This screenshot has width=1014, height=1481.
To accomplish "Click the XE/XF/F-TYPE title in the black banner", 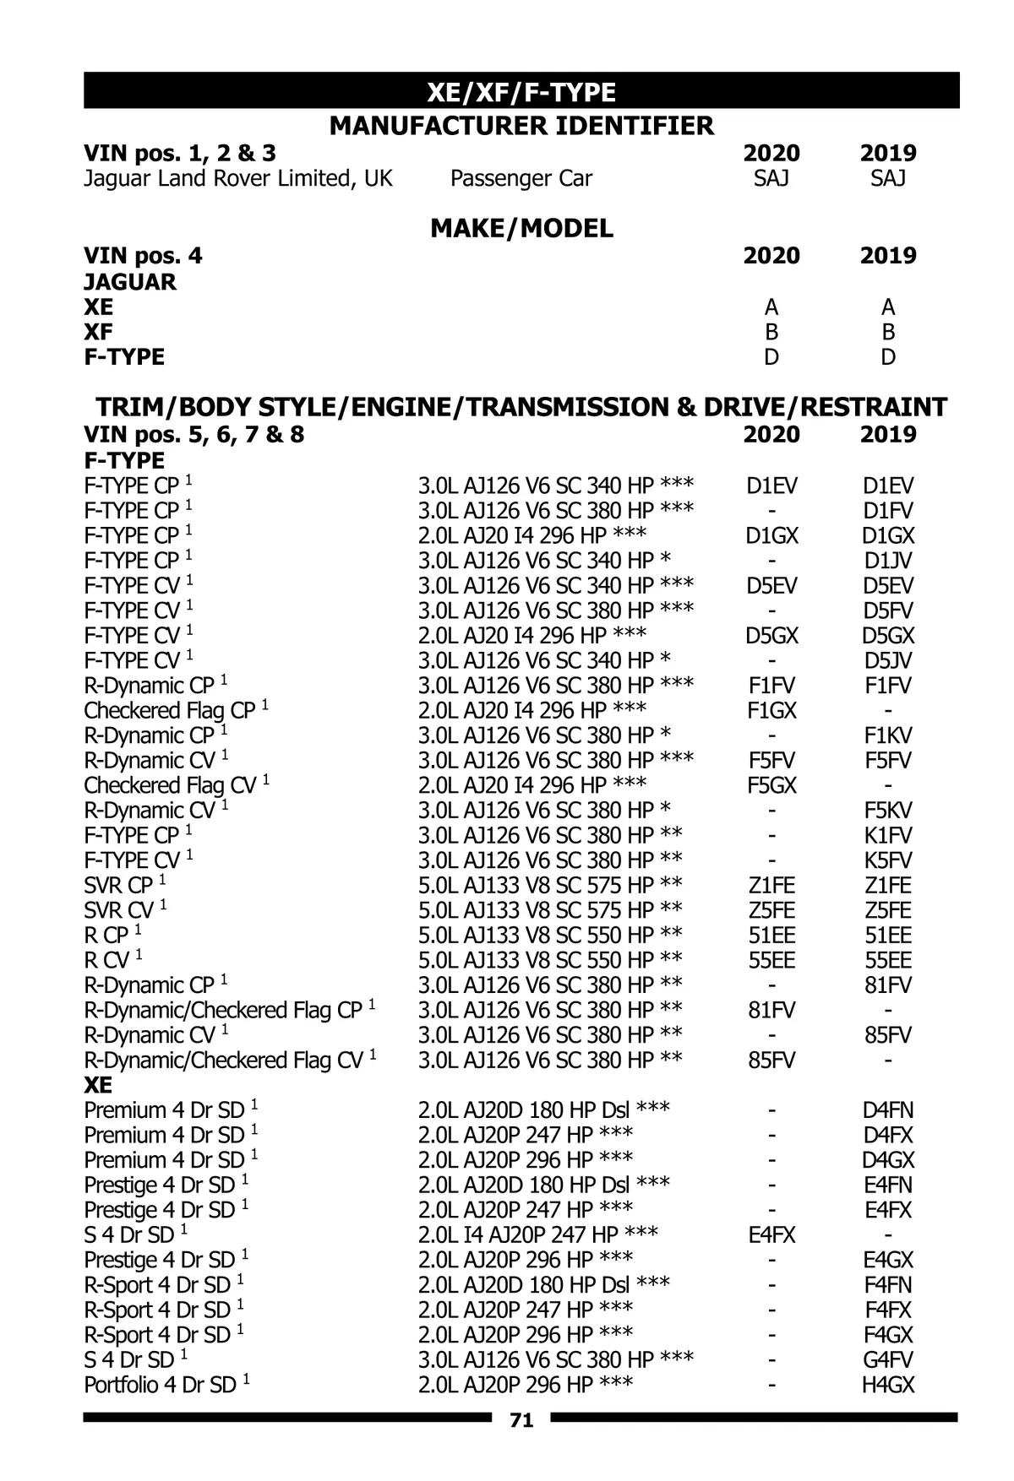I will tap(521, 92).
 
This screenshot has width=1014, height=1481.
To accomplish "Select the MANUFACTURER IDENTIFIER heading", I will tap(521, 127).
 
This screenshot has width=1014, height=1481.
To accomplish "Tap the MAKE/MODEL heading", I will tap(521, 229).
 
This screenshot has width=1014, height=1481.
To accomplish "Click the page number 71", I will tap(521, 1421).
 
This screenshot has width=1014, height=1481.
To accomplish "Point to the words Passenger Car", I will tap(521, 179).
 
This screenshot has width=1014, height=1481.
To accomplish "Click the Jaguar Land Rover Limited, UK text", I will tap(238, 179).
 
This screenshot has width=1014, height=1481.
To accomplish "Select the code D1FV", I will tap(888, 511).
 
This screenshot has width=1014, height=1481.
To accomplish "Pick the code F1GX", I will tap(771, 711).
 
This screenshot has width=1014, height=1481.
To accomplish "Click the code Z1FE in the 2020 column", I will tap(771, 886).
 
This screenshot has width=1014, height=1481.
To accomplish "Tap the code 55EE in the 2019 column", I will tap(888, 961).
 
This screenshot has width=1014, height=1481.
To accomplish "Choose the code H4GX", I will tap(888, 1386).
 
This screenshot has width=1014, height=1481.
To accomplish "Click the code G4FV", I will tap(888, 1360).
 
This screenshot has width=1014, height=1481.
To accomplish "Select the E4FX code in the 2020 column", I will tap(771, 1235).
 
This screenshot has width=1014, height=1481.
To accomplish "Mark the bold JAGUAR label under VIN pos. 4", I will tap(130, 282).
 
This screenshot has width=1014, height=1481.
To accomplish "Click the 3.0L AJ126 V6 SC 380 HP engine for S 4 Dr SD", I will tap(556, 1360).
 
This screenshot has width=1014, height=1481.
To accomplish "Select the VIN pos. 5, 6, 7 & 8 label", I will tap(194, 435).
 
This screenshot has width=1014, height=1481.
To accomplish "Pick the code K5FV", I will tap(888, 860).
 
